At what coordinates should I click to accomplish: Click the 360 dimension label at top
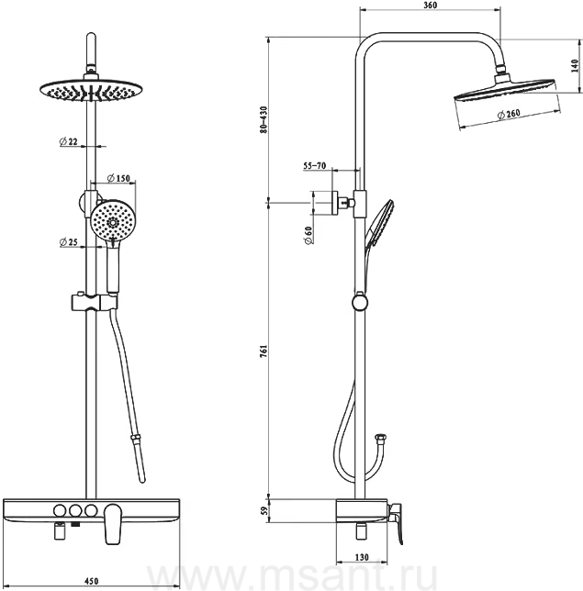click(430, 6)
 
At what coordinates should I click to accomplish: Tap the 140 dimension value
click(575, 66)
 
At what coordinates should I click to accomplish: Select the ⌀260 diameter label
click(509, 114)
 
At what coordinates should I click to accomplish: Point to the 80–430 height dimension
click(263, 119)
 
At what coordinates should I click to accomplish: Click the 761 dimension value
click(263, 351)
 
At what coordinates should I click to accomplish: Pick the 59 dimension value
click(263, 511)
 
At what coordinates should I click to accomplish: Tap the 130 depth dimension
click(362, 557)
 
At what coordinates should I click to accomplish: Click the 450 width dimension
click(91, 581)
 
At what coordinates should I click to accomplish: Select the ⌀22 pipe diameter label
click(68, 141)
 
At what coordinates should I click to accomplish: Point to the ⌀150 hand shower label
click(118, 178)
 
